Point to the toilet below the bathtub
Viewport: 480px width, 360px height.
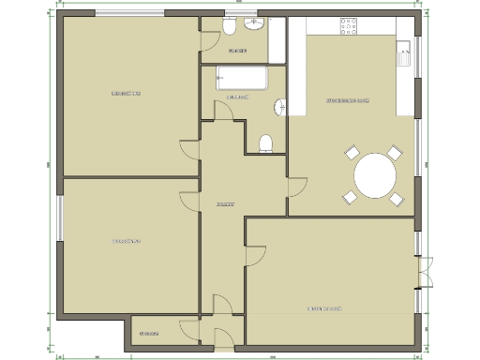(x=265, y=142)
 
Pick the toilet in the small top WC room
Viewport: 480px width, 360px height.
(x=230, y=28)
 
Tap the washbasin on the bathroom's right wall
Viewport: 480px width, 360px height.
(x=278, y=109)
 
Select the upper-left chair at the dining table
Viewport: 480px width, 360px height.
(x=352, y=153)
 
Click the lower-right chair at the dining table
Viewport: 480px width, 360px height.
(x=397, y=199)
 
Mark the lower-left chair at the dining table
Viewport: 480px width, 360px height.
(x=351, y=197)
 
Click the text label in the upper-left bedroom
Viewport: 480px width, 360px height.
(x=126, y=94)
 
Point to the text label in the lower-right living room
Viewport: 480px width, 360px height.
(x=325, y=308)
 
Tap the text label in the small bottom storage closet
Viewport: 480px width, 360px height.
(x=148, y=334)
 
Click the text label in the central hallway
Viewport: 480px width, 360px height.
(x=223, y=203)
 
